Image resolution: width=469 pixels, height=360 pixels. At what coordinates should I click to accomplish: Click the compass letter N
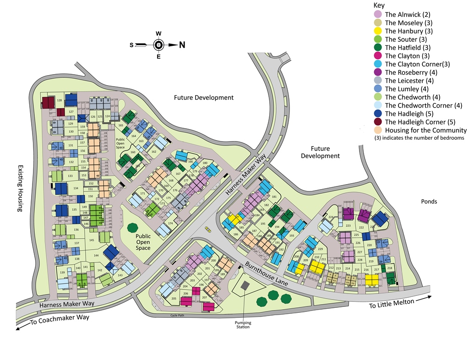click(x=182, y=45)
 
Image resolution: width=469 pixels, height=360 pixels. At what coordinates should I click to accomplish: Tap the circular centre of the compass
click(x=158, y=45)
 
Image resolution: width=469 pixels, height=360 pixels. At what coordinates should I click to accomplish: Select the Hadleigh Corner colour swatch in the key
click(x=378, y=122)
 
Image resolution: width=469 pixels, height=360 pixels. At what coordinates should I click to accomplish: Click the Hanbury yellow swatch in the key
click(x=378, y=31)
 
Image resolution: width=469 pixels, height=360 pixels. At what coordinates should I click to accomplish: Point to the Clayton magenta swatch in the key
click(x=378, y=56)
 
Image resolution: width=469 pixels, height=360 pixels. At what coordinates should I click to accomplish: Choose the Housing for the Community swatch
click(x=378, y=130)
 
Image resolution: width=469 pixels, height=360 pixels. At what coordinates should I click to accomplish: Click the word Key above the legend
click(x=379, y=5)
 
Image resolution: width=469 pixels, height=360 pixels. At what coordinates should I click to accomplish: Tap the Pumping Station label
click(x=244, y=325)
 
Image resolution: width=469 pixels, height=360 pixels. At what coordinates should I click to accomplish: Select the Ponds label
click(x=429, y=202)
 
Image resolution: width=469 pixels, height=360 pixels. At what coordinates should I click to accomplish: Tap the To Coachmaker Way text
click(x=60, y=319)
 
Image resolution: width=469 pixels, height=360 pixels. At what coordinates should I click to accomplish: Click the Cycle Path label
click(x=172, y=316)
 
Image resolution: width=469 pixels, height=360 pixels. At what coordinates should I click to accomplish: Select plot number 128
click(x=59, y=100)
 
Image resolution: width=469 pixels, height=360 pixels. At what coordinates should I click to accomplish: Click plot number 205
click(x=174, y=299)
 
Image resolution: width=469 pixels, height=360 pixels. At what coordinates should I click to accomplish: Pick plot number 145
click(x=91, y=240)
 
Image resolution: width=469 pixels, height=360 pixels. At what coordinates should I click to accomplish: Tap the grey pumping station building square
click(x=245, y=285)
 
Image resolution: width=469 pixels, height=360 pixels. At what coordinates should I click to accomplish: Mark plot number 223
click(x=348, y=225)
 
